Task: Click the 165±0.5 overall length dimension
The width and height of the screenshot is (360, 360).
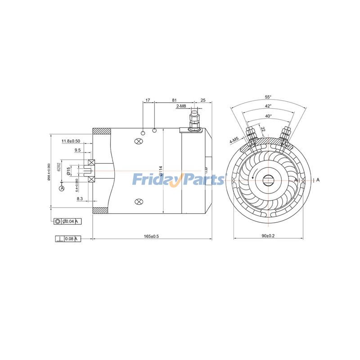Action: tap(151, 236)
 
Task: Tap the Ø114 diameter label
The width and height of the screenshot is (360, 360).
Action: tap(161, 171)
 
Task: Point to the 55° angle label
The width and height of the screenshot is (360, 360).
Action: tap(268, 97)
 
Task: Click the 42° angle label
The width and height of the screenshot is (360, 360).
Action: tap(268, 106)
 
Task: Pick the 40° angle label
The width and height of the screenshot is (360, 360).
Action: tap(268, 116)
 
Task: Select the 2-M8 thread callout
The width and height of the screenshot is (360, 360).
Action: tap(181, 106)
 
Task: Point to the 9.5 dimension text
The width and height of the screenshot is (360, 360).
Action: tap(77, 150)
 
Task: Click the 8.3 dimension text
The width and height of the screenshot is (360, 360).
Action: tap(80, 198)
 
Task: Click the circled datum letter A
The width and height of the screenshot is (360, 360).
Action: tap(62, 189)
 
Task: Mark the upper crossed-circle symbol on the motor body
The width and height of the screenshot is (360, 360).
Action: tap(139, 141)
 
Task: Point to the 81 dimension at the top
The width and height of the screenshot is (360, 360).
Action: tap(174, 100)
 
